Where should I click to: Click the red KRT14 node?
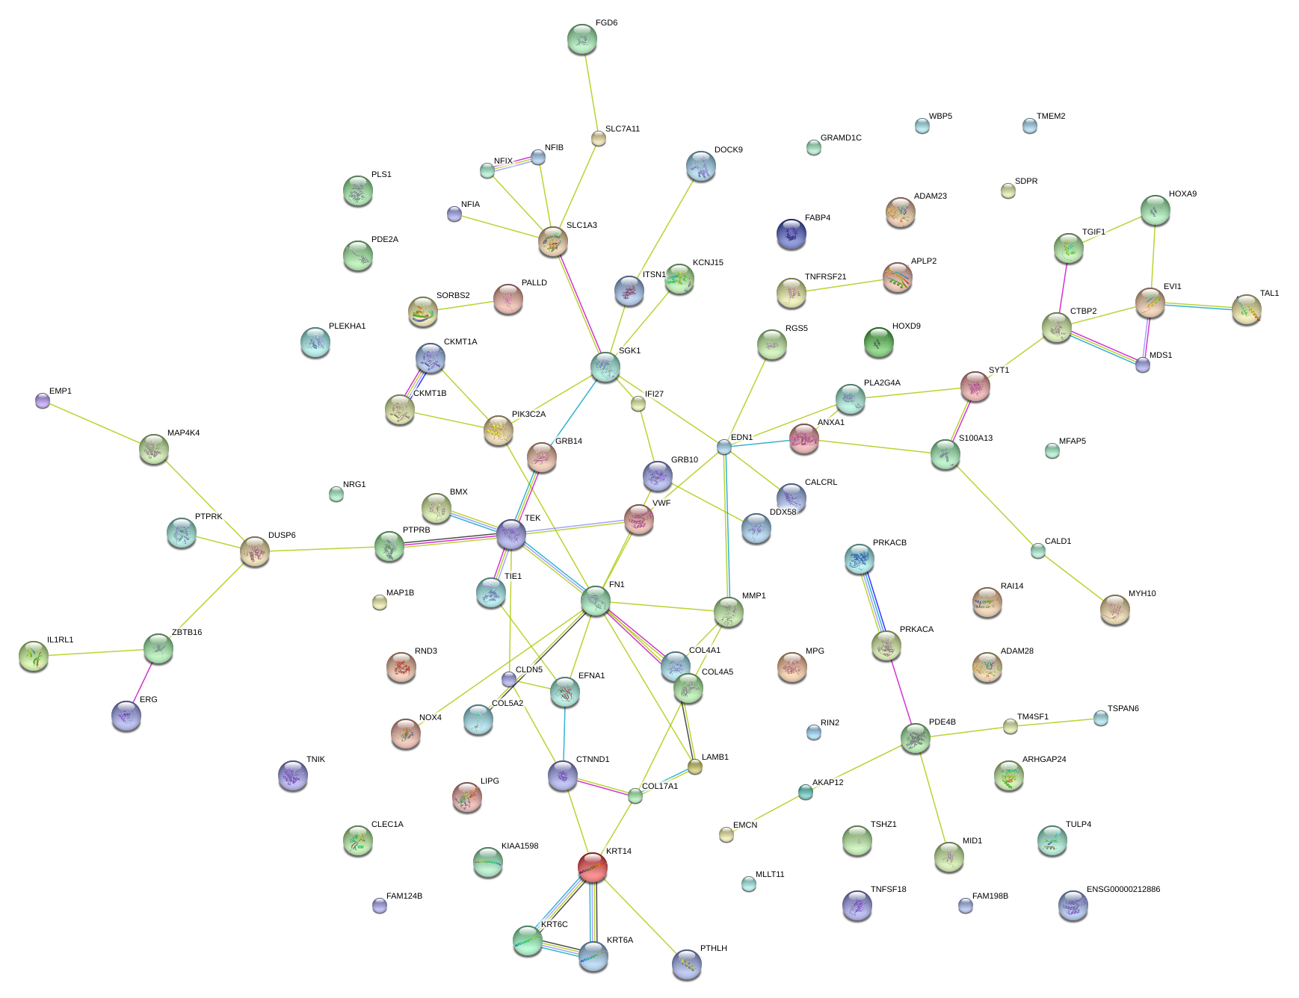coord(592,867)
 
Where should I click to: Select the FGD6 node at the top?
coord(581,39)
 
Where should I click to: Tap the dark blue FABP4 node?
coord(791,234)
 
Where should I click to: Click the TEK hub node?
coord(511,533)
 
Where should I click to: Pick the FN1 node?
coord(595,601)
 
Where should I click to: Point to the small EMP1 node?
coord(43,401)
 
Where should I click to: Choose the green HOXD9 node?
coord(878,342)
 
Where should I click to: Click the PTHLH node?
coord(686,964)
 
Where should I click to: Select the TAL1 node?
coord(1246,309)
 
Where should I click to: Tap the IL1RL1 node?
coord(33,656)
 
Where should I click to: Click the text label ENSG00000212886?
coord(1123,889)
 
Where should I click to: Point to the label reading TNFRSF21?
coord(825,276)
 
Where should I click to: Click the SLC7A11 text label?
coord(622,128)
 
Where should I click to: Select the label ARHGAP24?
coord(1043,759)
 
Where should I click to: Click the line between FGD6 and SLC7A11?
coord(590,90)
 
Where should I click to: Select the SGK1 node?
coord(605,367)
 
